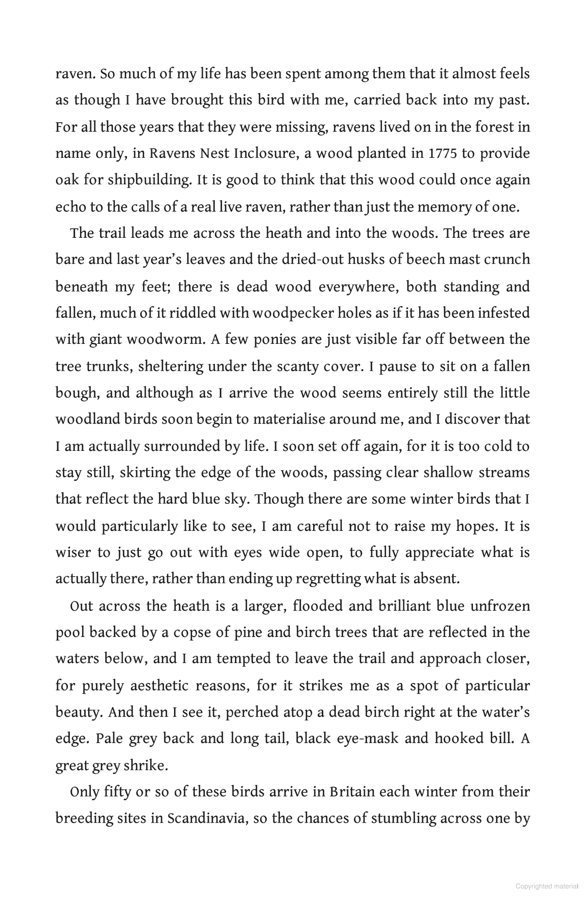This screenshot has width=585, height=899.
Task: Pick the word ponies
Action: point(275,340)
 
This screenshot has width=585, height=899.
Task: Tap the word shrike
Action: point(146,765)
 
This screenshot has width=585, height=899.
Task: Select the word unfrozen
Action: point(500,606)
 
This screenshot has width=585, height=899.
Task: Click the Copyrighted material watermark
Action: point(547,887)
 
